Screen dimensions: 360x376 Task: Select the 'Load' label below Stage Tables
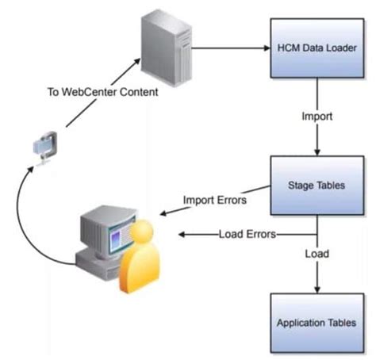click(317, 255)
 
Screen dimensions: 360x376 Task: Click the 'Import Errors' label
click(215, 200)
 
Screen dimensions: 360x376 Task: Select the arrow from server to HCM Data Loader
click(230, 48)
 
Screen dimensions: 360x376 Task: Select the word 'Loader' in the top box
click(339, 48)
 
